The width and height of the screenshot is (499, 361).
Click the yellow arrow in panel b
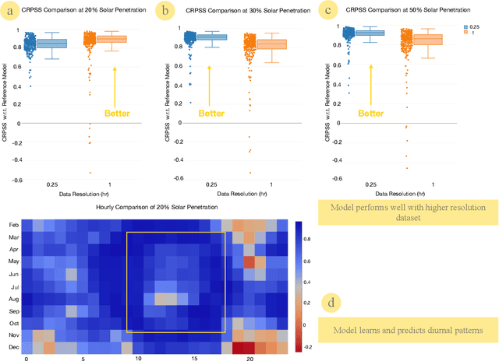point(211,86)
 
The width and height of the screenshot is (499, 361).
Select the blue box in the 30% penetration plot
point(212,37)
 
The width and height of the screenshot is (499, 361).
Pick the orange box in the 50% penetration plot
point(427,40)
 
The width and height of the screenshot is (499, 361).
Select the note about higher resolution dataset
point(408,212)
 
